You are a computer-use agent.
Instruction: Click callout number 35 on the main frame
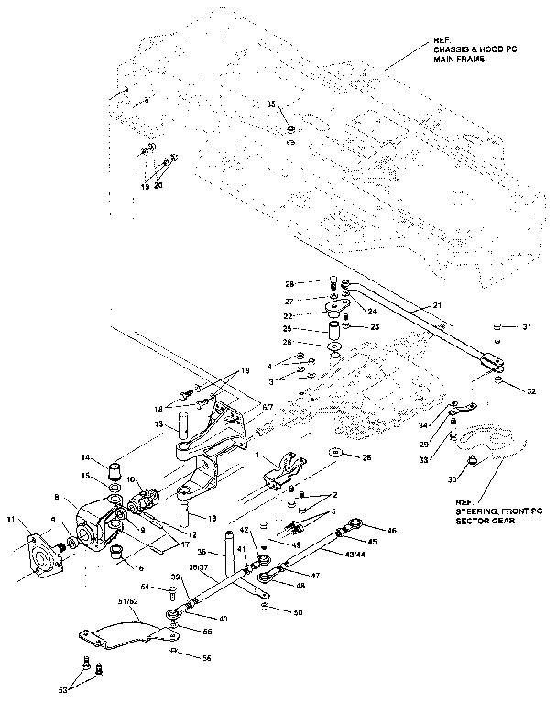pos(271,105)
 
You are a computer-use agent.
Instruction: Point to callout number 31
pos(526,326)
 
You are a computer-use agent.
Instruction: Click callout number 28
pos(315,283)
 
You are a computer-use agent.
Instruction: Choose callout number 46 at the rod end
pos(392,531)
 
